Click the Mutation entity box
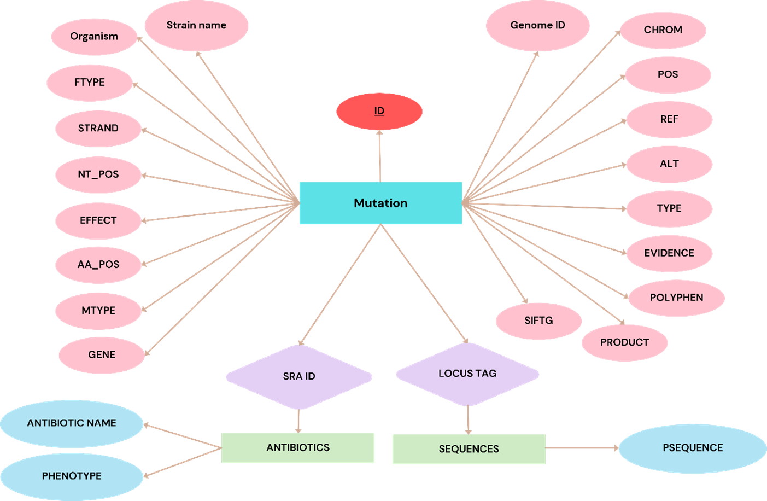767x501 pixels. pos(380,203)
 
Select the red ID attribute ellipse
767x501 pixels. pos(379,112)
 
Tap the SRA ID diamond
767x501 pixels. pos(299,376)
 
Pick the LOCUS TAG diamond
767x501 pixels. pos(467,374)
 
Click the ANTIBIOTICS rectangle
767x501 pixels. pos(298,448)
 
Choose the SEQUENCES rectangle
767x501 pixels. pos(469,449)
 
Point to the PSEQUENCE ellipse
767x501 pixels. pos(692,448)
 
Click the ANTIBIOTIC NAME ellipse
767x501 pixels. pos(72,423)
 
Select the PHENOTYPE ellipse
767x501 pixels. pos(72,476)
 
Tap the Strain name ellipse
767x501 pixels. pos(196,26)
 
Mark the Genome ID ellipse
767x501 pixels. pos(537,26)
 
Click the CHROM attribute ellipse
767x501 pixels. pos(663,30)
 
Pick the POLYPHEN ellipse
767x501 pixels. pos(676,298)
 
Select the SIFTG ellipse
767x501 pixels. pos(538,321)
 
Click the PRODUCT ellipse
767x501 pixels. pos(624,342)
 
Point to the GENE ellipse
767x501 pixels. pos(102,355)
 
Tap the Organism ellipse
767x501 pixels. pos(94,37)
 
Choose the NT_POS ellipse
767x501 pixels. pos(98,174)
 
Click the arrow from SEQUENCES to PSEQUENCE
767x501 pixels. pos(582,448)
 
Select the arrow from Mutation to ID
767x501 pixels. pos(380,156)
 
